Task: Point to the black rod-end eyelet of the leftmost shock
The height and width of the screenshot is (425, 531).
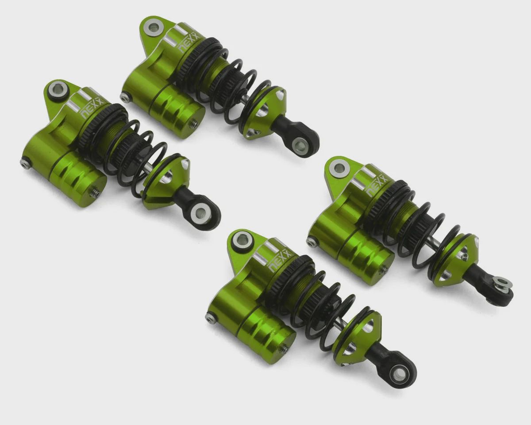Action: [x=202, y=212]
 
